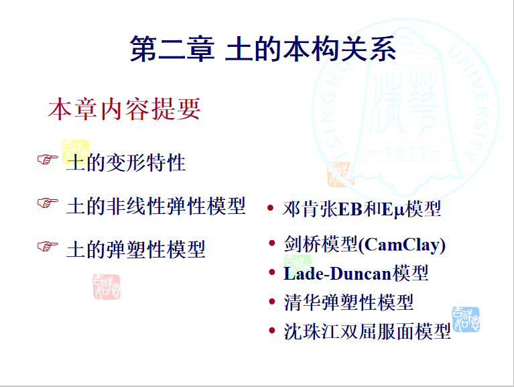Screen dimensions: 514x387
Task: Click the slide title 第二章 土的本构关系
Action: pyautogui.click(x=263, y=49)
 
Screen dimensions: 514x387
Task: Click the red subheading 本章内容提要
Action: pyautogui.click(x=124, y=109)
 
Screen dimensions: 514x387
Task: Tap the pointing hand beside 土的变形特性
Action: pyautogui.click(x=48, y=160)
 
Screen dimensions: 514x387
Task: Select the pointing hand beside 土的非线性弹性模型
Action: pyautogui.click(x=48, y=203)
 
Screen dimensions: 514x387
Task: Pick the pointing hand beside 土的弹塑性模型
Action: pyautogui.click(x=48, y=246)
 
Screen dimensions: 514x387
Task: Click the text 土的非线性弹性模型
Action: pyautogui.click(x=155, y=207)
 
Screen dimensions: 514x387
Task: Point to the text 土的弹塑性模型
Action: pyautogui.click(x=136, y=250)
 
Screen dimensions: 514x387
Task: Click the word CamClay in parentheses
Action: pyautogui.click(x=402, y=245)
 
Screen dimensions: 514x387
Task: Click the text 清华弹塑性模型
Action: pyautogui.click(x=348, y=302)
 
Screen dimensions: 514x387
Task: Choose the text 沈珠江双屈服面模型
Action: pyautogui.click(x=367, y=331)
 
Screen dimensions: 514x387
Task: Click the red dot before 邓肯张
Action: pyautogui.click(x=271, y=208)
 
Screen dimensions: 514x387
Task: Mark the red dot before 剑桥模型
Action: pyautogui.click(x=272, y=243)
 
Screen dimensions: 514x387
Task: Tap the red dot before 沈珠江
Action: pyautogui.click(x=272, y=330)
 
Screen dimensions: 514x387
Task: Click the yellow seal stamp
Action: pyautogui.click(x=76, y=152)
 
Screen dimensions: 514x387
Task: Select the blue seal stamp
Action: pyautogui.click(x=466, y=319)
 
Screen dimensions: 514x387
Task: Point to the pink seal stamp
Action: pyautogui.click(x=107, y=287)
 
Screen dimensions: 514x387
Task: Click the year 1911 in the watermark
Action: pyautogui.click(x=406, y=152)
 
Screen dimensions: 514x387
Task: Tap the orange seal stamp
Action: pyautogui.click(x=341, y=174)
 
